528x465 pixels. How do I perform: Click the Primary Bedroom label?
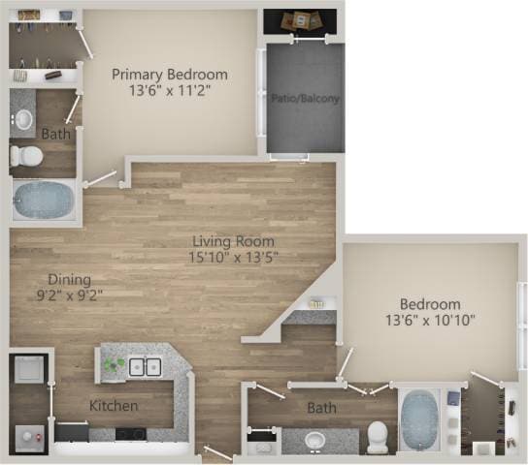(170, 74)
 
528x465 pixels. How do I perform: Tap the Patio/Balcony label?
(305, 97)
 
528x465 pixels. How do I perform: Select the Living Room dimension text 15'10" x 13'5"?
(233, 257)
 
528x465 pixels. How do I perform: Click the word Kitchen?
(114, 405)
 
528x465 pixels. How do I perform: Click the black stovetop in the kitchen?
(130, 433)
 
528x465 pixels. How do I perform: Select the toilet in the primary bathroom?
(27, 156)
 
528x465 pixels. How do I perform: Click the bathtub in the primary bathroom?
(44, 200)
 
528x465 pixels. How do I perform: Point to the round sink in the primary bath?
(23, 120)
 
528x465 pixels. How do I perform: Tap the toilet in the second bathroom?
(377, 436)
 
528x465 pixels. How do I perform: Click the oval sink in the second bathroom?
(314, 441)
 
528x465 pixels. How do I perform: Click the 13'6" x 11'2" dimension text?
(170, 90)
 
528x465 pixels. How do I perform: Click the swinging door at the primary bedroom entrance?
(102, 180)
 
